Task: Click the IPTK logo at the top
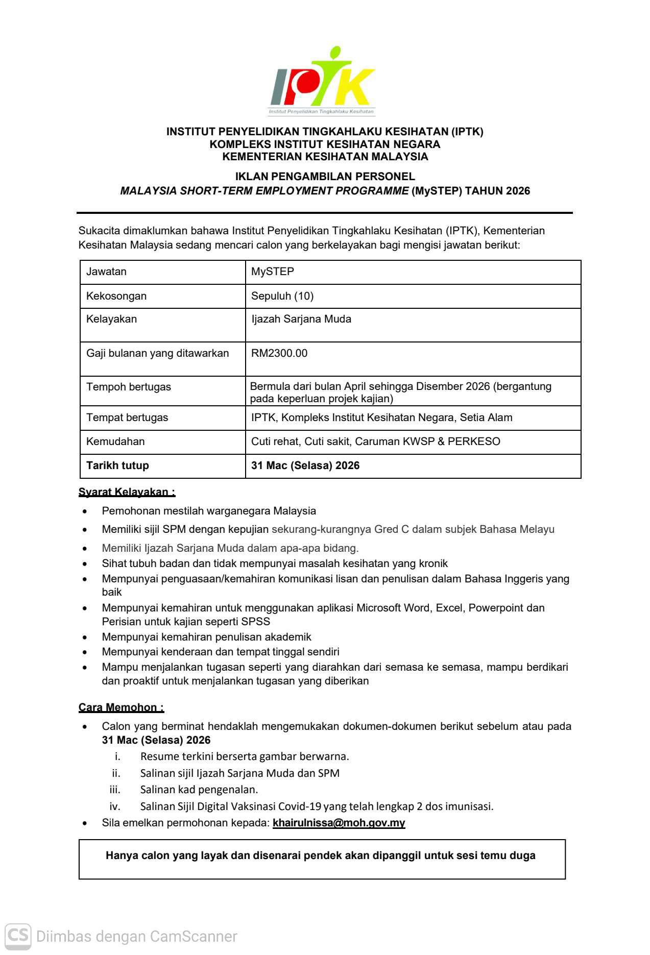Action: [x=322, y=82]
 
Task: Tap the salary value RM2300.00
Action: [x=279, y=353]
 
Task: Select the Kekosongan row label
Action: [x=116, y=296]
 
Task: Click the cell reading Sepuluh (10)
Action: [x=282, y=296]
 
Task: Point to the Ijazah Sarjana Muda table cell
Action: [x=301, y=319]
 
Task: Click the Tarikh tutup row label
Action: [x=117, y=466]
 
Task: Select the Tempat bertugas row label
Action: [x=127, y=418]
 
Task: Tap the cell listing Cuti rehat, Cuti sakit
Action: [x=375, y=442]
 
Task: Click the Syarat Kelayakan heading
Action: [x=127, y=492]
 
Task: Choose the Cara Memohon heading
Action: [x=121, y=707]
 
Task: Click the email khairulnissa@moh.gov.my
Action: [x=339, y=823]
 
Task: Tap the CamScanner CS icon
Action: [x=18, y=936]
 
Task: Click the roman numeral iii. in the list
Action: [x=115, y=790]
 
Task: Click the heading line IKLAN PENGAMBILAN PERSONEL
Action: [x=325, y=177]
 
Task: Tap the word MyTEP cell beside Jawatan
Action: [x=273, y=272]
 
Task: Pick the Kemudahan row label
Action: [x=115, y=442]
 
